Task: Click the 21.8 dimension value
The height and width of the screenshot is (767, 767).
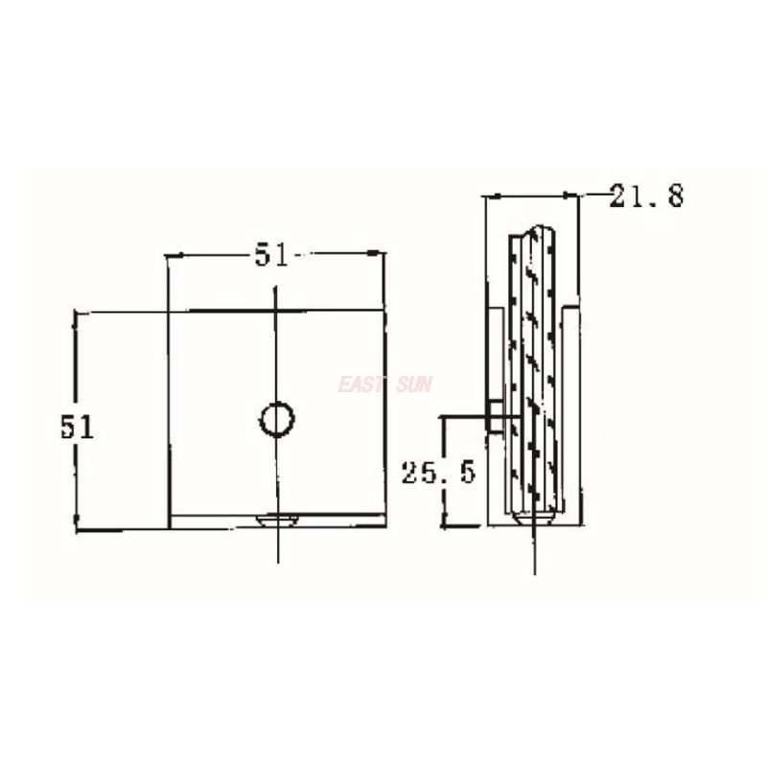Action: click(646, 198)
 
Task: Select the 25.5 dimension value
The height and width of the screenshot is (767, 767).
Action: click(438, 473)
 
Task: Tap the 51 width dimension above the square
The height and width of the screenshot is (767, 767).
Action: click(271, 255)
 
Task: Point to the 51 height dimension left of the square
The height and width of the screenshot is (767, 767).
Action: click(78, 427)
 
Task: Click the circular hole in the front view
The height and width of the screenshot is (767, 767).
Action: click(277, 418)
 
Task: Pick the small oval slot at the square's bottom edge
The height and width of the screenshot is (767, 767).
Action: click(278, 520)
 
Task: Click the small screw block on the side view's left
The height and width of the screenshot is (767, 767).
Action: click(494, 415)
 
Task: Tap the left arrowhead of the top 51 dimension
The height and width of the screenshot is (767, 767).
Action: click(171, 255)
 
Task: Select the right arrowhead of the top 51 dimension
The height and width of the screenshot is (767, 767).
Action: click(382, 255)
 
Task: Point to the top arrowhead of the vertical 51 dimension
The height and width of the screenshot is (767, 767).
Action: click(77, 314)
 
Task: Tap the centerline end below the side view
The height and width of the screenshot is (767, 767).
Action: click(535, 571)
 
